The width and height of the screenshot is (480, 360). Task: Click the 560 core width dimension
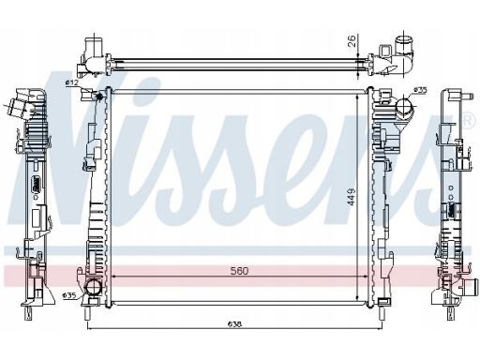pyautogui.click(x=239, y=271)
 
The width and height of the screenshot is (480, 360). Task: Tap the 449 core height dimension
pyautogui.click(x=352, y=197)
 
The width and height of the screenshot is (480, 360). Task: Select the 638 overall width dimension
pyautogui.click(x=234, y=324)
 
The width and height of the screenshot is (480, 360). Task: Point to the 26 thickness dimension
pyautogui.click(x=352, y=41)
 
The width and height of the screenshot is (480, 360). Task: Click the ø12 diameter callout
pyautogui.click(x=72, y=82)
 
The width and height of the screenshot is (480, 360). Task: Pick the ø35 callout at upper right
pyautogui.click(x=420, y=90)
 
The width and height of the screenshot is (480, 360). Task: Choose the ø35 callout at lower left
pyautogui.click(x=69, y=295)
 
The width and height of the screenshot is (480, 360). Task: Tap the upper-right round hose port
pyautogui.click(x=404, y=106)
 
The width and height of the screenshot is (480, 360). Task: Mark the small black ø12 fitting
pyautogui.click(x=100, y=97)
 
